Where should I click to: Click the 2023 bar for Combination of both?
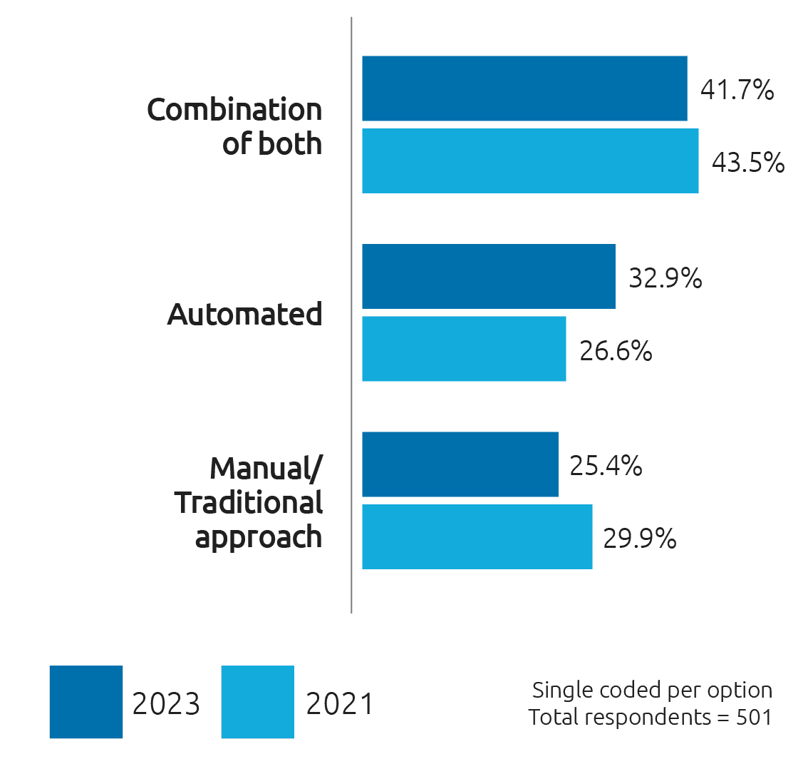click(x=524, y=88)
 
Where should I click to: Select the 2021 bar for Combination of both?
click(x=530, y=161)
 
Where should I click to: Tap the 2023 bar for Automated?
click(x=488, y=277)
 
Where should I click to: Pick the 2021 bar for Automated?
click(x=464, y=349)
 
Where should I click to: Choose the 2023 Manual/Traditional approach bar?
click(x=460, y=464)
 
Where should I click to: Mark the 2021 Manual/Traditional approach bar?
click(x=477, y=536)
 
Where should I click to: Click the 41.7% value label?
click(x=737, y=91)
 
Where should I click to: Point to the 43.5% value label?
click(x=748, y=163)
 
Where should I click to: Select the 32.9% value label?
click(x=665, y=278)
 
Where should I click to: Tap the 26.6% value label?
click(x=616, y=351)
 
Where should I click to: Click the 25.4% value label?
click(x=606, y=467)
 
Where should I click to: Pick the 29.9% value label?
click(x=640, y=539)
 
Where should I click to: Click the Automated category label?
click(x=245, y=315)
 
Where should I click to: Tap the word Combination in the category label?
click(x=234, y=111)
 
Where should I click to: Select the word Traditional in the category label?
click(x=249, y=503)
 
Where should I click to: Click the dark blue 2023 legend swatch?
click(x=86, y=702)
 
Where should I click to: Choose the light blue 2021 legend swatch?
click(x=258, y=702)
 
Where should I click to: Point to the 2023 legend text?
click(x=166, y=704)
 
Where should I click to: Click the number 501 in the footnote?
click(x=755, y=717)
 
